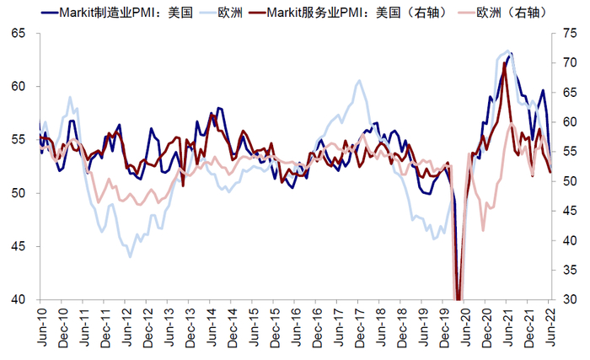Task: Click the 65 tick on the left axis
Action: pyautogui.click(x=19, y=33)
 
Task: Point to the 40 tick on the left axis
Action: pyautogui.click(x=19, y=299)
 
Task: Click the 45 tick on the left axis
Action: pyautogui.click(x=19, y=246)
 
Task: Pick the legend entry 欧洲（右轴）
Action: pyautogui.click(x=514, y=13)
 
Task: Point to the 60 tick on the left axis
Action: pyautogui.click(x=19, y=86)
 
